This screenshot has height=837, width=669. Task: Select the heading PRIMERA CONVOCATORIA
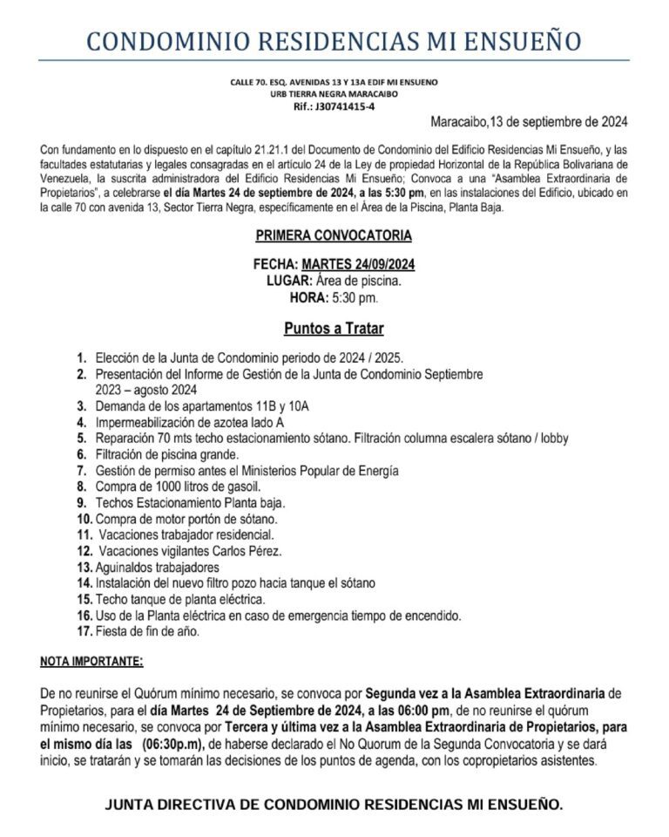point(334,235)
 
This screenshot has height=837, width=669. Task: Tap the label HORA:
point(308,297)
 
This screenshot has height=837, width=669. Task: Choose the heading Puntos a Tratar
point(334,329)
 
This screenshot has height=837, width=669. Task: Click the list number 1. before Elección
point(81,357)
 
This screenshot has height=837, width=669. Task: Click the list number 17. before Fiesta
point(84,631)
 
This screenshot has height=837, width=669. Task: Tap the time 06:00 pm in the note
point(387,710)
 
